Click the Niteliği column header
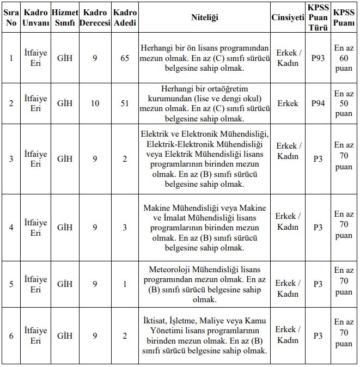coord(204,17)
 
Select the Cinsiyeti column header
coord(288,17)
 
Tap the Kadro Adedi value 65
coord(125,58)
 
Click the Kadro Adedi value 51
coord(125,103)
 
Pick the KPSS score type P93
coord(318,58)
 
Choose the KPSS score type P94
coord(318,103)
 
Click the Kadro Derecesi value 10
coord(95,103)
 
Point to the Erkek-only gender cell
coord(288,103)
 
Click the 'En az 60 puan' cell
coord(344,58)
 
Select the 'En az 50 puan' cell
coord(344,103)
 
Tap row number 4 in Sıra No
coord(11,227)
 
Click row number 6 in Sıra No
coord(11,336)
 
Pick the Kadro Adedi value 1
coord(125,284)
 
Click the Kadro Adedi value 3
coord(125,227)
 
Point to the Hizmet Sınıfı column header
coord(65,17)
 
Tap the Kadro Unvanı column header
coord(36,17)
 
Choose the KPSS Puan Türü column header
coord(318,17)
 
